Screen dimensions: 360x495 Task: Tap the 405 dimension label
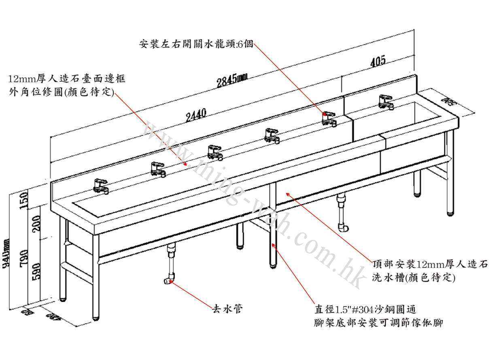377,62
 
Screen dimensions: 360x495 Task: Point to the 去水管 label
227,309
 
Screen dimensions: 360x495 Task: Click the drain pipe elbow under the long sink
169,280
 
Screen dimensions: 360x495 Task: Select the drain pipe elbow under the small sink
343,228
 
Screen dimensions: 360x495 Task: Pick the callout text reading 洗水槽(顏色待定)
414,278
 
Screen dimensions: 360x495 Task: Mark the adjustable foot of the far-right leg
450,212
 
